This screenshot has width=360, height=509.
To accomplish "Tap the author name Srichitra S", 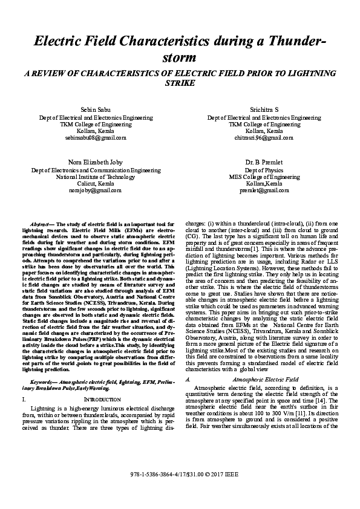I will tap(264, 109).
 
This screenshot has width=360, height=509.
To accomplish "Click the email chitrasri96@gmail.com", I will tap(264, 138).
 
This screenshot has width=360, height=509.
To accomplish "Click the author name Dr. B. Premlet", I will tap(264, 163).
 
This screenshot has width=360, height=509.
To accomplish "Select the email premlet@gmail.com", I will tap(264, 190).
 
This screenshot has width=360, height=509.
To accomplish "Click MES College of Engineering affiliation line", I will tap(264, 177).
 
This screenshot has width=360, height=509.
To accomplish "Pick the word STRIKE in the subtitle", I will tap(180, 83).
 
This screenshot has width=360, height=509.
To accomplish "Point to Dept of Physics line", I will tap(264, 170).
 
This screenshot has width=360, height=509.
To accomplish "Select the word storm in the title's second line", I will tap(180, 58).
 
